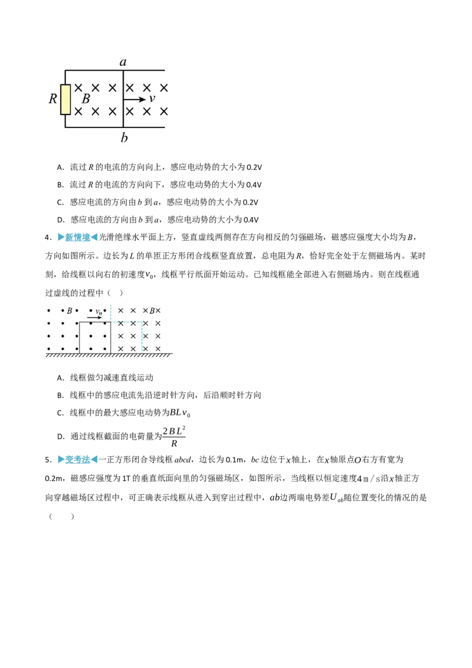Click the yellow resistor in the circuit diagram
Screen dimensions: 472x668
65,99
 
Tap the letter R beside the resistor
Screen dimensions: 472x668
53,99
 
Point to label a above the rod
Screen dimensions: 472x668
123,62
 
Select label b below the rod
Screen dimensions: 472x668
124,137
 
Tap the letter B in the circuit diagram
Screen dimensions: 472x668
86,99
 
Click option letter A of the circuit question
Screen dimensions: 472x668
60,167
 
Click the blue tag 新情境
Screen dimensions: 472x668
77,237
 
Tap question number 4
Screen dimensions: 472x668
48,238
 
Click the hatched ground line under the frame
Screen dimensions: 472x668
109,355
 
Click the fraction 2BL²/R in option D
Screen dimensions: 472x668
174,436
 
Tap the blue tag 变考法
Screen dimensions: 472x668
77,460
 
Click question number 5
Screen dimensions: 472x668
48,460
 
